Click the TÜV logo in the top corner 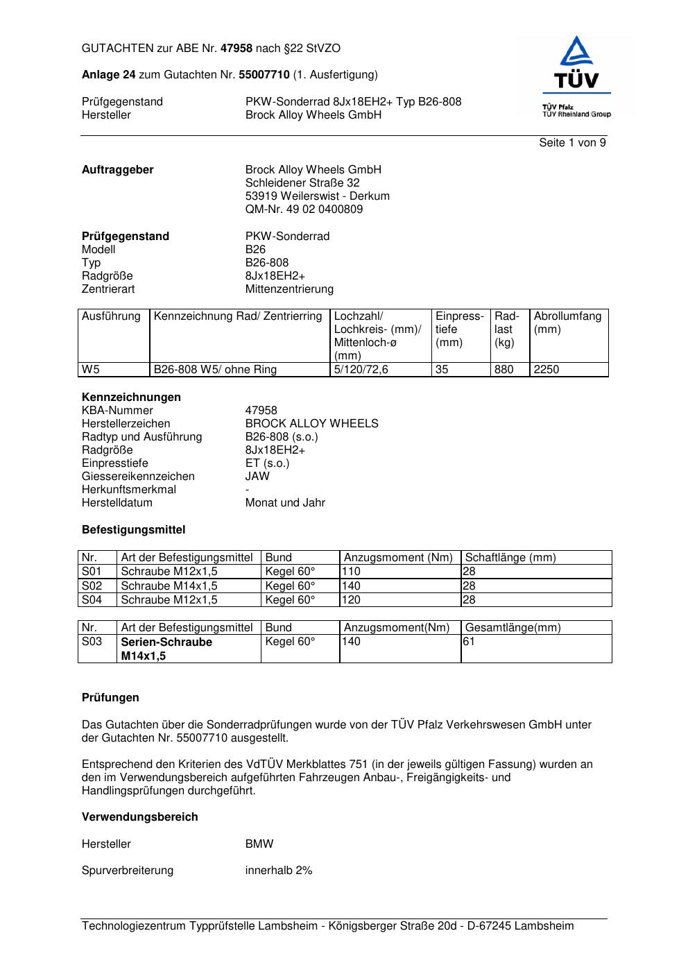pyautogui.click(x=576, y=76)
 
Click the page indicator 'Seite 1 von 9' pyautogui.click(x=572, y=143)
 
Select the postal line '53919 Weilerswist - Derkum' pyautogui.click(x=317, y=196)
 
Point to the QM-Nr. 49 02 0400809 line pyautogui.click(x=304, y=210)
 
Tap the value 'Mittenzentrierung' pyautogui.click(x=289, y=289)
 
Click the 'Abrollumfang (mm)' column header pyautogui.click(x=567, y=323)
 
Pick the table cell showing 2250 pyautogui.click(x=547, y=370)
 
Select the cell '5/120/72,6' pyautogui.click(x=361, y=370)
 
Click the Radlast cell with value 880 pyautogui.click(x=504, y=370)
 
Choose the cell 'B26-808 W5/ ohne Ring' pyautogui.click(x=215, y=370)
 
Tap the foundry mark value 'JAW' pyautogui.click(x=257, y=477)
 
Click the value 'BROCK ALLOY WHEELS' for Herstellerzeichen pyautogui.click(x=311, y=424)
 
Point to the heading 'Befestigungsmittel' pyautogui.click(x=133, y=530)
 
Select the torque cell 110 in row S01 pyautogui.click(x=352, y=572)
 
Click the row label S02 pyautogui.click(x=92, y=586)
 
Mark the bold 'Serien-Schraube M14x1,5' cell pyautogui.click(x=166, y=649)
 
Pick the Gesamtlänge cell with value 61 pyautogui.click(x=469, y=642)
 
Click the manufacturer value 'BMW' pyautogui.click(x=259, y=844)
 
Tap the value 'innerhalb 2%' pyautogui.click(x=279, y=871)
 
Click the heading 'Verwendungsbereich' pyautogui.click(x=139, y=817)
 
